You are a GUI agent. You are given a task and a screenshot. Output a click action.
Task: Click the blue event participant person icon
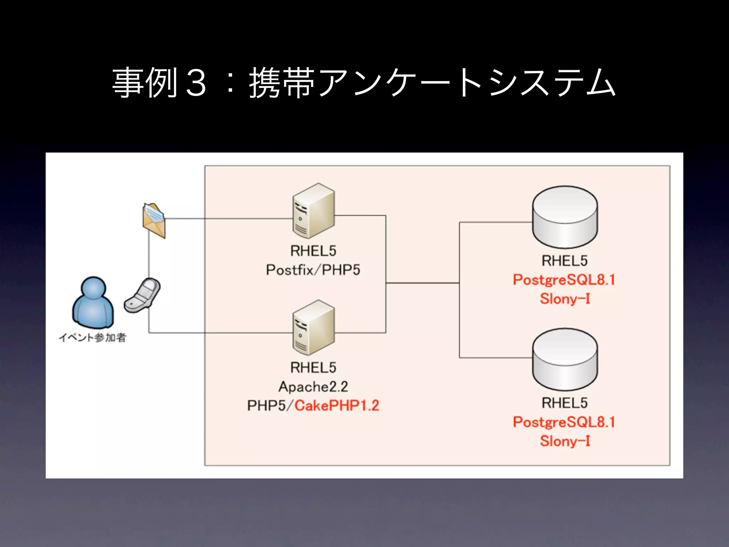click(93, 302)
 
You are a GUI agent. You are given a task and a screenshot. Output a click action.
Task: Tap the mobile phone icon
click(142, 295)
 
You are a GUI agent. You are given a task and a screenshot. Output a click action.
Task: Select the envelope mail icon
click(154, 220)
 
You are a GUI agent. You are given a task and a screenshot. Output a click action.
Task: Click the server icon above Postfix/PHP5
click(314, 210)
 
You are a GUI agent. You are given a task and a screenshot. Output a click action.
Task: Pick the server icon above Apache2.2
click(314, 327)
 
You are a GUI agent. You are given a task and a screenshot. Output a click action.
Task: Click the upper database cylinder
click(565, 217)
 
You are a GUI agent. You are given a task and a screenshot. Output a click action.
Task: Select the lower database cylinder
click(565, 359)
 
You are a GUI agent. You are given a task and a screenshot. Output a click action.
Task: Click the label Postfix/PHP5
click(313, 270)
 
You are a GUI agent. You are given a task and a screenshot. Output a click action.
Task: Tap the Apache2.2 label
click(313, 387)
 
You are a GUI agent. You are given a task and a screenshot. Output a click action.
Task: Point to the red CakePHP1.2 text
click(337, 406)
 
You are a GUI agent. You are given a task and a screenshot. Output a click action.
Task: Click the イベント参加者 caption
click(93, 337)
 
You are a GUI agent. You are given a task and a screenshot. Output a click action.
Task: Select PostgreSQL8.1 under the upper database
click(564, 280)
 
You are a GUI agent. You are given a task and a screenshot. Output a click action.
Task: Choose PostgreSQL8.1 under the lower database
click(564, 422)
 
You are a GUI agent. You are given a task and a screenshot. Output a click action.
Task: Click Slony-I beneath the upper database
click(565, 298)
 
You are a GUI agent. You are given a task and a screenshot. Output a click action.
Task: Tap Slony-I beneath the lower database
click(565, 441)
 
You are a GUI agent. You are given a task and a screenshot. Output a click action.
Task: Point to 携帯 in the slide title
click(282, 83)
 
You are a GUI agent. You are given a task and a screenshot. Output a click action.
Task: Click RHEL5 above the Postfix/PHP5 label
click(313, 251)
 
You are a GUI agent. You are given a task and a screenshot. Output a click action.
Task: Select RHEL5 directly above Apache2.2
click(313, 368)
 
